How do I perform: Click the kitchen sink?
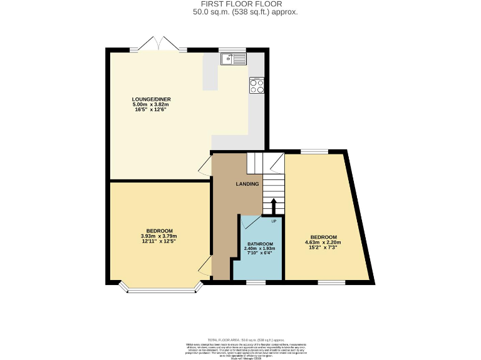[234, 59]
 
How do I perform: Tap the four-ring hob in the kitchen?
[256, 86]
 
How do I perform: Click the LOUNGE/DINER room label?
[151, 99]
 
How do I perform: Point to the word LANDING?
[247, 184]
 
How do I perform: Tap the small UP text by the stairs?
[274, 221]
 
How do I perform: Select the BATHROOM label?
[259, 244]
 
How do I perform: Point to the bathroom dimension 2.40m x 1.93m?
[259, 249]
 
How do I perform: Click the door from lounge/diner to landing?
[205, 165]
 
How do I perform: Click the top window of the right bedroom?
[314, 151]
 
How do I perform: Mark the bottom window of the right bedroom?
[331, 282]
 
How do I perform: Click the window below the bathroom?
[255, 282]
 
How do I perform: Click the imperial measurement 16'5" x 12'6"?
[151, 111]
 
